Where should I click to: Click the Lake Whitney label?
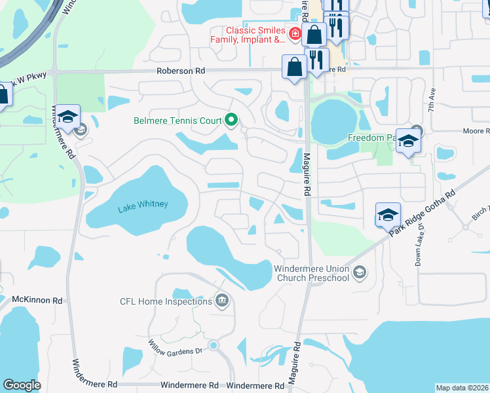point(143,205)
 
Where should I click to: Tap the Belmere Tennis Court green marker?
point(231,120)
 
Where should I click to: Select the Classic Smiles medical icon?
point(295,32)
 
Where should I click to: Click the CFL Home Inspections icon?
point(222,301)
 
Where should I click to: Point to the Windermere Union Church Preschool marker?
point(358,272)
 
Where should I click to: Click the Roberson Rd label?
point(180,71)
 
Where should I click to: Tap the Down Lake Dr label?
point(418,246)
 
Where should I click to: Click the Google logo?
point(22,385)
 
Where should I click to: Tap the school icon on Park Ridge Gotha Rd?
point(388,214)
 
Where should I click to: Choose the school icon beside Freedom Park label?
point(408,141)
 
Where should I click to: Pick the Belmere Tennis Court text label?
point(178,121)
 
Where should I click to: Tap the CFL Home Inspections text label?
point(166,301)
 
